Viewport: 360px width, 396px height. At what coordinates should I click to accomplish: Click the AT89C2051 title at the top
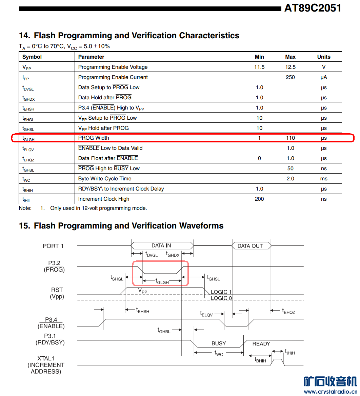pyautogui.click(x=313, y=8)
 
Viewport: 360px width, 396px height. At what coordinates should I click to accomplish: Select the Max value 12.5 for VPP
pyautogui.click(x=290, y=67)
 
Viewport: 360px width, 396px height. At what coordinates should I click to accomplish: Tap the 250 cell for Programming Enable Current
pyautogui.click(x=290, y=77)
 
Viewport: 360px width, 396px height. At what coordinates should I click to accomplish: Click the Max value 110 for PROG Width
pyautogui.click(x=290, y=138)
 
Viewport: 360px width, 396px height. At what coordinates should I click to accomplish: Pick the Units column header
pyautogui.click(x=324, y=57)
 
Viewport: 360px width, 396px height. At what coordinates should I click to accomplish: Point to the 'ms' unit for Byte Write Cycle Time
pyautogui.click(x=324, y=179)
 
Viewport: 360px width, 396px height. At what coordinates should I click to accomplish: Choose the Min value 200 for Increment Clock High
pyautogui.click(x=259, y=199)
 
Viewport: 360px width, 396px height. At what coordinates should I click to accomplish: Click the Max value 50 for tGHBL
pyautogui.click(x=290, y=169)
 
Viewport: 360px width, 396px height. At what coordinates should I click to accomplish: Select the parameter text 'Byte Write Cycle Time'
pyautogui.click(x=105, y=179)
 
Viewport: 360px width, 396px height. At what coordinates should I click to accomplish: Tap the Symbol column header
pyautogui.click(x=32, y=57)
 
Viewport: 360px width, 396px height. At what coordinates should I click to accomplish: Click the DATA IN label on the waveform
pyautogui.click(x=161, y=246)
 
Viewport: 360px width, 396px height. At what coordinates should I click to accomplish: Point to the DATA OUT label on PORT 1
pyautogui.click(x=250, y=246)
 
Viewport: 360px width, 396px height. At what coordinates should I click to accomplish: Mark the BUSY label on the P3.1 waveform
pyautogui.click(x=219, y=343)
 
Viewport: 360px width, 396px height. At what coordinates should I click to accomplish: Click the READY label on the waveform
pyautogui.click(x=261, y=344)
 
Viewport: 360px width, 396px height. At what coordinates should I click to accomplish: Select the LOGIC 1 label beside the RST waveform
pyautogui.click(x=221, y=292)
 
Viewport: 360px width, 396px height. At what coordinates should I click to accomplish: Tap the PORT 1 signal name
pyautogui.click(x=53, y=246)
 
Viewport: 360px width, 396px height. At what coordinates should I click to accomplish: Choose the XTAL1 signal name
pyautogui.click(x=46, y=358)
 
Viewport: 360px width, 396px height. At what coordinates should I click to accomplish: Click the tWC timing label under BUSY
pyautogui.click(x=219, y=353)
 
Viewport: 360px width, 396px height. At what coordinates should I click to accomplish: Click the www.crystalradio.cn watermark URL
pyautogui.click(x=330, y=392)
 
